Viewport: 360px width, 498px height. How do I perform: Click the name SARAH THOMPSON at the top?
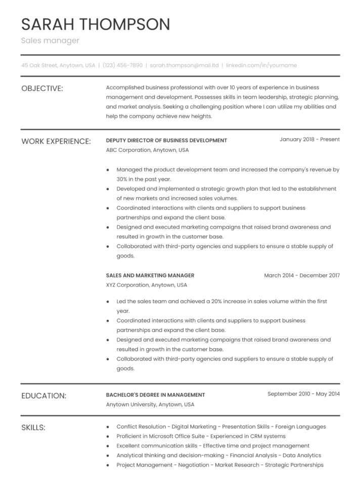[96, 24]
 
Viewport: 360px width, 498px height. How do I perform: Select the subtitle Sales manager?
[50, 40]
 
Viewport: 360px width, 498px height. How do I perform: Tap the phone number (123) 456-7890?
[122, 65]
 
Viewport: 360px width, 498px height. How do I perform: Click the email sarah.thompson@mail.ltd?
[185, 65]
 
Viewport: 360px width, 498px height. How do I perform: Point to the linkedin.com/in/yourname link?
[261, 65]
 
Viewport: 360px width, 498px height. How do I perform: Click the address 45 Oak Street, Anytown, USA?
[58, 65]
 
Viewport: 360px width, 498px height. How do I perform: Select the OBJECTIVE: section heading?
[42, 89]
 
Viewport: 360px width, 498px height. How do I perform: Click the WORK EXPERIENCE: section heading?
[56, 141]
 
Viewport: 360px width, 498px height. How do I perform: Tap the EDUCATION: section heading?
[43, 396]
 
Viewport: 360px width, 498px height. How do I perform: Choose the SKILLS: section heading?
[33, 428]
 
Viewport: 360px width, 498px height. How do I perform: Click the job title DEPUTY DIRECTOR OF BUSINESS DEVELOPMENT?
[166, 140]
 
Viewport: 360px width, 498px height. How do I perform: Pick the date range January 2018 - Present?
[309, 139]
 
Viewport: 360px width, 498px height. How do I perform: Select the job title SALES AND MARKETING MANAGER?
[150, 275]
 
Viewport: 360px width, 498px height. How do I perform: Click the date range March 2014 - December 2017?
[302, 275]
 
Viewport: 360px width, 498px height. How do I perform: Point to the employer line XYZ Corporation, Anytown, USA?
[147, 285]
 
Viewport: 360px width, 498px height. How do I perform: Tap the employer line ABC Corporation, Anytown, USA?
[147, 150]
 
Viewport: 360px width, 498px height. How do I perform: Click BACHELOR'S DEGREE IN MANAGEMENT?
[155, 395]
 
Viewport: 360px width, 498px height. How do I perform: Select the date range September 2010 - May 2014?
[303, 394]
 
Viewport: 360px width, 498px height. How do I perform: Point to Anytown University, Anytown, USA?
[150, 404]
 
